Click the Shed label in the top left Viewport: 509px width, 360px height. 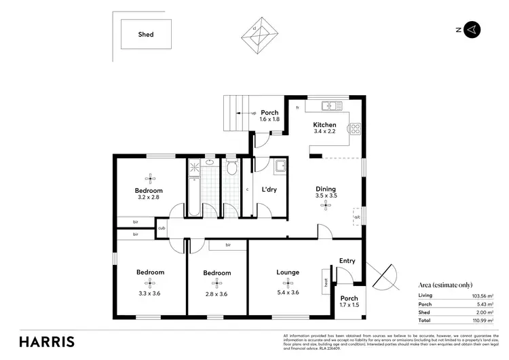click(x=146, y=34)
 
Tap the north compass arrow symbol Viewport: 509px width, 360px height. click(x=473, y=29)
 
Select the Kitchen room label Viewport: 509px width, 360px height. click(x=324, y=125)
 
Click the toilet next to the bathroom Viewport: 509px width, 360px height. click(x=231, y=169)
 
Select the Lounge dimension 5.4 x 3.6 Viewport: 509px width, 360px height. click(x=288, y=293)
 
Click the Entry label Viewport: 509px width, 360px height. click(x=347, y=261)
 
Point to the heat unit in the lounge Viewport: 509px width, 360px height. click(x=326, y=278)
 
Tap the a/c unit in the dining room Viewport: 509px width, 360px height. click(x=357, y=217)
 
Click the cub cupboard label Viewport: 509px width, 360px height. click(x=162, y=228)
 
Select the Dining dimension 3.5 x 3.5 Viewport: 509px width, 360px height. click(x=326, y=196)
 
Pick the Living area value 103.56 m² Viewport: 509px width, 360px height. click(x=483, y=296)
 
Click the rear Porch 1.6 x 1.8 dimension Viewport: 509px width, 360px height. click(x=269, y=120)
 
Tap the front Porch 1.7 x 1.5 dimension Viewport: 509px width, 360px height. click(x=349, y=306)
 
